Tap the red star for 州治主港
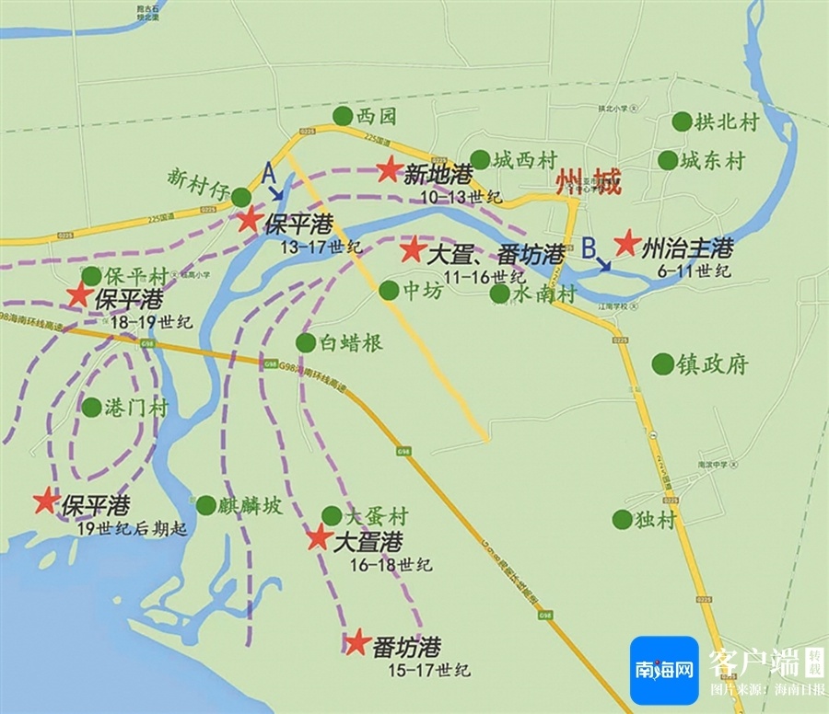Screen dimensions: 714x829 click(x=627, y=243)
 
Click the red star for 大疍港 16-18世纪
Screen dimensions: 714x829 click(x=319, y=538)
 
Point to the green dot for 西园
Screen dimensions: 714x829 click(x=343, y=116)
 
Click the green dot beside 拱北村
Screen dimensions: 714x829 click(x=682, y=121)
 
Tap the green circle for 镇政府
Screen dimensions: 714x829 click(x=662, y=363)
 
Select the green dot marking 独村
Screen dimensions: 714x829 click(x=623, y=519)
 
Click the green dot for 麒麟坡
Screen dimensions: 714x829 click(x=205, y=505)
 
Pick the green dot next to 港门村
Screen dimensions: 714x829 click(x=91, y=407)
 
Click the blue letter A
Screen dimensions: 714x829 click(x=268, y=171)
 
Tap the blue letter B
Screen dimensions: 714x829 click(x=589, y=248)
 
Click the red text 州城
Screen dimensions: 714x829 click(x=588, y=183)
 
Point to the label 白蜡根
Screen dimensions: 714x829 click(x=351, y=343)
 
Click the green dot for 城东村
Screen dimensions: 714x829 click(x=668, y=160)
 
